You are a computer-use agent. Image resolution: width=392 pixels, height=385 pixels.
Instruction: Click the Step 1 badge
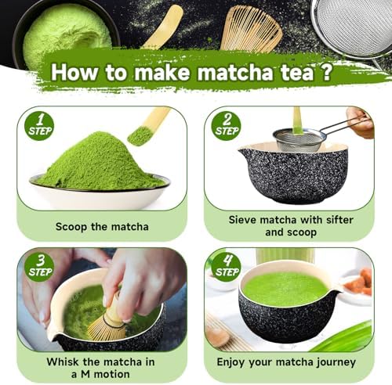tap(39, 126)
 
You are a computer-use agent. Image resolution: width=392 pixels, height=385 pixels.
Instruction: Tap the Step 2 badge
tap(227, 126)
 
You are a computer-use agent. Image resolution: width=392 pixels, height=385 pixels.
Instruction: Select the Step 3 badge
tap(39, 267)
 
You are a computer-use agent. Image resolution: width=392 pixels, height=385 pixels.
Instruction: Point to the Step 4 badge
tap(227, 267)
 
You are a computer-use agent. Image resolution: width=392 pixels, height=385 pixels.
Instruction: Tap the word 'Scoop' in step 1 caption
tap(71, 227)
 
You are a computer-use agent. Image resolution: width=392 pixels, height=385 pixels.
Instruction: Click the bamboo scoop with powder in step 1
tap(147, 127)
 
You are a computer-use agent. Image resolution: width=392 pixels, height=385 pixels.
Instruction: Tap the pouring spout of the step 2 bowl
tap(245, 151)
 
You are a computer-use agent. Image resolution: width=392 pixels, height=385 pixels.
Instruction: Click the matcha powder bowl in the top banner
tap(65, 33)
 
